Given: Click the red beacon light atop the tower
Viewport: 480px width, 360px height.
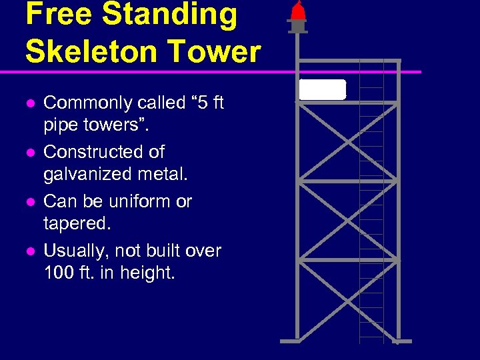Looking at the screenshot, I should (x=298, y=11).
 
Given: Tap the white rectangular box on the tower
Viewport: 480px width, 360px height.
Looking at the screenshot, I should (x=323, y=89).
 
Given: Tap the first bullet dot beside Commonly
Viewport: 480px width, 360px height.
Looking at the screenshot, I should (x=29, y=103).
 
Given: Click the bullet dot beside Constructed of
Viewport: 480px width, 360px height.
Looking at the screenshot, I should (x=29, y=153).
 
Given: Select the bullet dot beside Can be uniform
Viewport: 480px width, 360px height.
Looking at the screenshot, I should (x=29, y=202).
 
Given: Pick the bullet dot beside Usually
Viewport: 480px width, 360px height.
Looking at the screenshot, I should (x=29, y=251).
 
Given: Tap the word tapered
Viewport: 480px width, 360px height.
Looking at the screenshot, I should (x=77, y=224).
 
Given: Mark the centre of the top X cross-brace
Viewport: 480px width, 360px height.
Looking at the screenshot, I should (x=347, y=141).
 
